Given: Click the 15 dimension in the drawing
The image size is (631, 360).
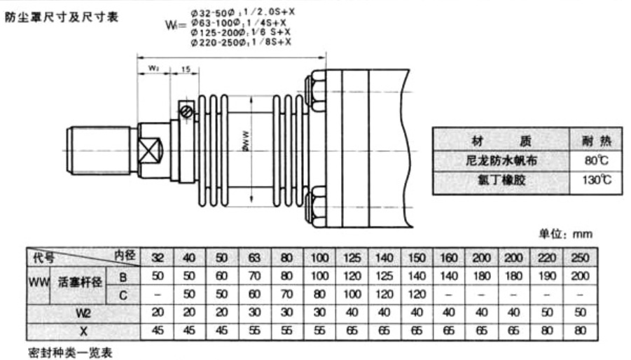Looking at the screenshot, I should (x=185, y=69).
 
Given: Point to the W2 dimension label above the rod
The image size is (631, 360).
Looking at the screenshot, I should (x=154, y=69).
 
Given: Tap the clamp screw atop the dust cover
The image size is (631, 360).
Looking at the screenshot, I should (x=186, y=110).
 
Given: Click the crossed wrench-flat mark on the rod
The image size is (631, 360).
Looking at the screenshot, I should (x=151, y=149).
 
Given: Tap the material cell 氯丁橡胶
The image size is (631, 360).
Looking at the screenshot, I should (x=501, y=181).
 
